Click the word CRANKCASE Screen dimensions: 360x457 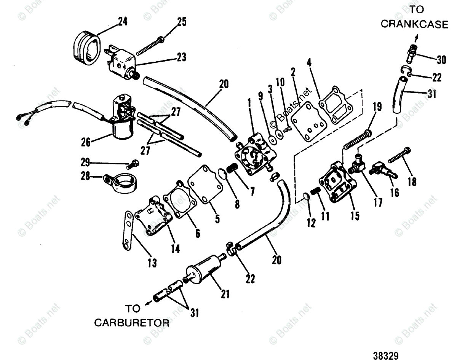point(414,24)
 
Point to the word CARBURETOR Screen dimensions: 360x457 point(131,323)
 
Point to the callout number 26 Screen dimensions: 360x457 point(86,142)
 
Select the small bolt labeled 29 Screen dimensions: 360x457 point(134,164)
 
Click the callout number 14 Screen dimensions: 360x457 point(175,249)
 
